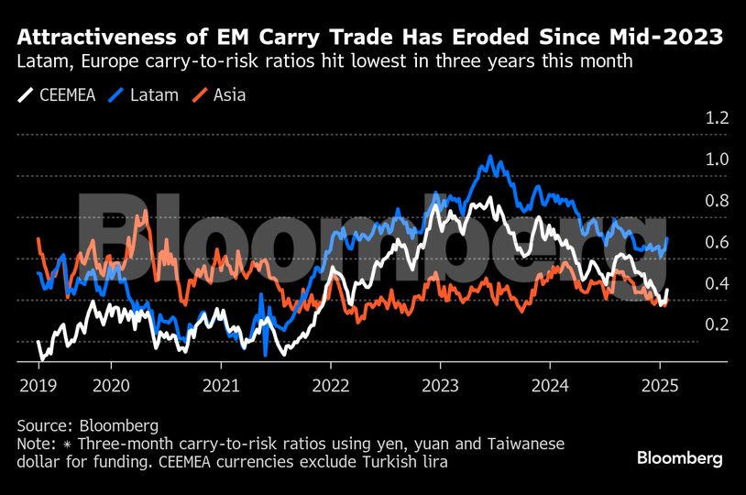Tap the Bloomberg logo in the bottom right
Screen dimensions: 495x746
[x=679, y=456]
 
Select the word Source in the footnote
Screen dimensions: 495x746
[x=44, y=426]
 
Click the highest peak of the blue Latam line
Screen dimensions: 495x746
[x=492, y=158]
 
